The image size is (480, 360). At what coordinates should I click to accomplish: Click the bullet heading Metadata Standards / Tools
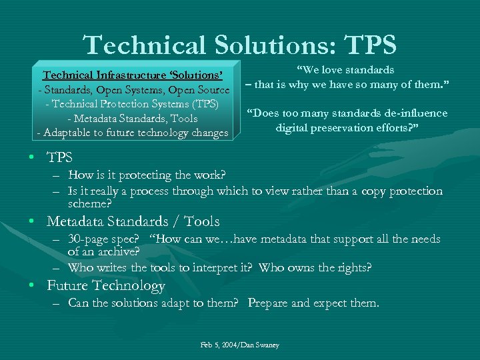tap(133, 221)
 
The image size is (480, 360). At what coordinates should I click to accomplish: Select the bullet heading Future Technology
tap(106, 286)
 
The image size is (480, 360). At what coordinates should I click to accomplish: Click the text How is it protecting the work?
tap(147, 175)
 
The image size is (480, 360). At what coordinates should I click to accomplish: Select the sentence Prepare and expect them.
tap(313, 303)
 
